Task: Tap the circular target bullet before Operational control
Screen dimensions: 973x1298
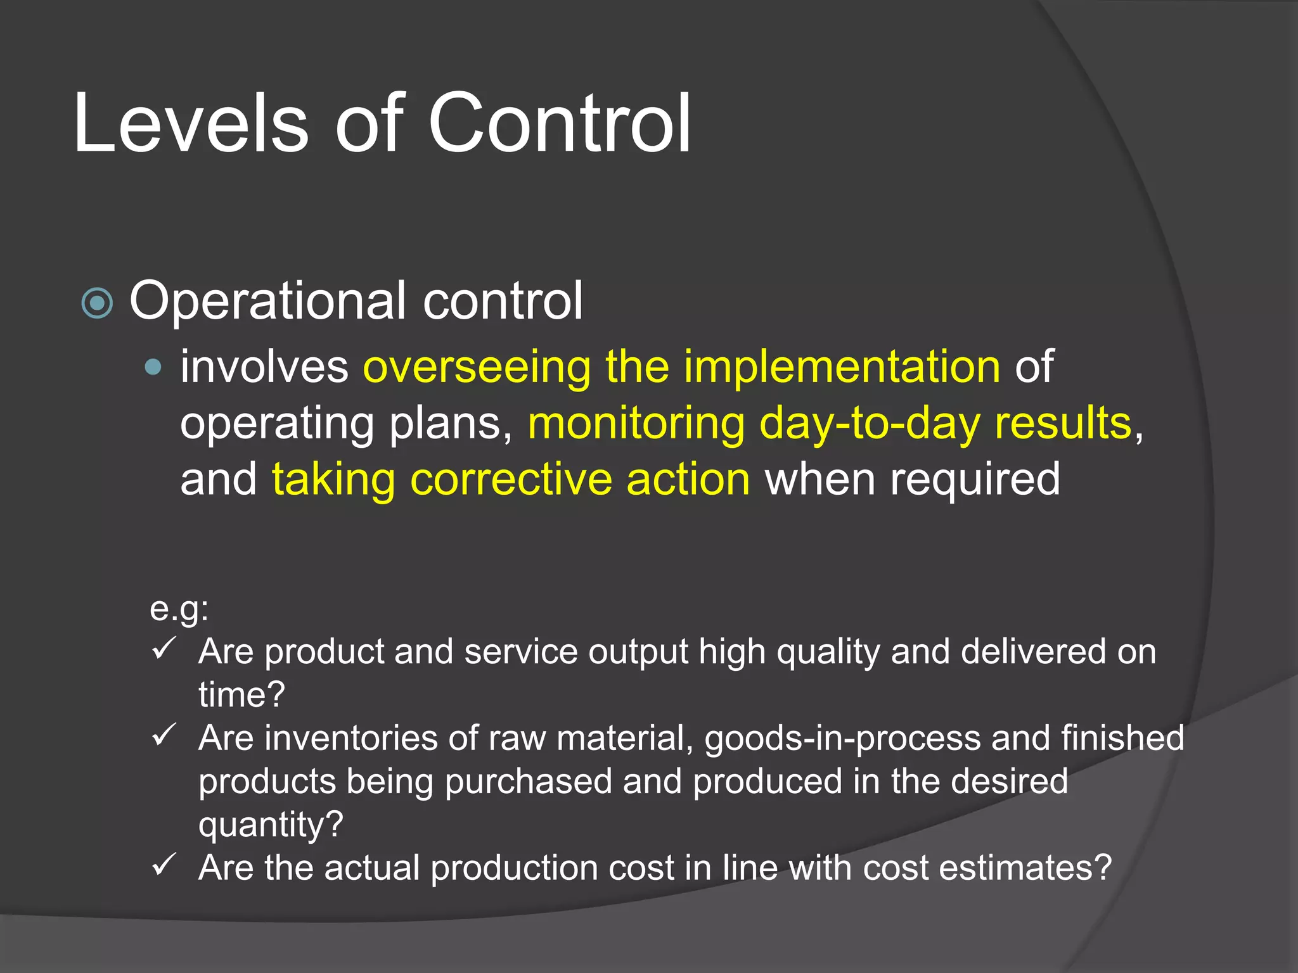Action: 98,303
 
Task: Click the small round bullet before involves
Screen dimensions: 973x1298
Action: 153,367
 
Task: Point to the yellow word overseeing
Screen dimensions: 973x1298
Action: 477,367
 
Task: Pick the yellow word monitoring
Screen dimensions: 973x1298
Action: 636,423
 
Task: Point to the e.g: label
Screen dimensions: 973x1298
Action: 179,609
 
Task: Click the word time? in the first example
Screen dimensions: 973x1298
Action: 241,695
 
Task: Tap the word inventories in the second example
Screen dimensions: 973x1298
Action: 351,738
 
